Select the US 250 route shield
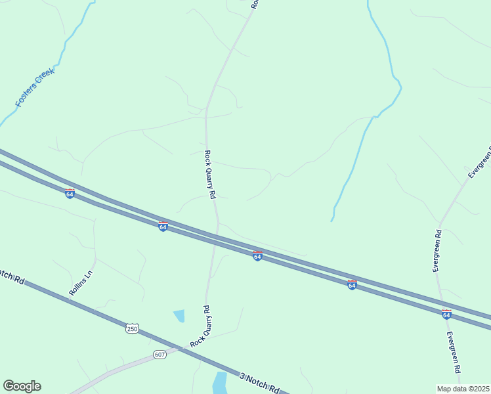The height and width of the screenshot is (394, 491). [x=133, y=328]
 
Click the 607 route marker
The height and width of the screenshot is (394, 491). [x=160, y=355]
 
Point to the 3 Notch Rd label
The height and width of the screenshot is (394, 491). [x=260, y=383]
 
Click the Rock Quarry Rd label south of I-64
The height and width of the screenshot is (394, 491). [x=200, y=326]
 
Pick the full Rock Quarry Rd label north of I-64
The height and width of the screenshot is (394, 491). [x=209, y=175]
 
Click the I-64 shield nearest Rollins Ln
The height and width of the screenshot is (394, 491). [x=70, y=194]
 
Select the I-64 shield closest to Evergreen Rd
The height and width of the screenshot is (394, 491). [x=446, y=315]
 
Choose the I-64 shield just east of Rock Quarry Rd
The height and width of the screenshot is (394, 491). [x=257, y=255]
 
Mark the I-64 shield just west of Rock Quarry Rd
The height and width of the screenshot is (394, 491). [x=163, y=227]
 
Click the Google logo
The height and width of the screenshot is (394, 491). [x=22, y=386]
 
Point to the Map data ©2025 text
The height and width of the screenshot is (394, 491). [x=463, y=389]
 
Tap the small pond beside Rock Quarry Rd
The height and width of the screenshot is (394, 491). [x=179, y=316]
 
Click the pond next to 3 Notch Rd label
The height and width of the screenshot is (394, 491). [x=220, y=382]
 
